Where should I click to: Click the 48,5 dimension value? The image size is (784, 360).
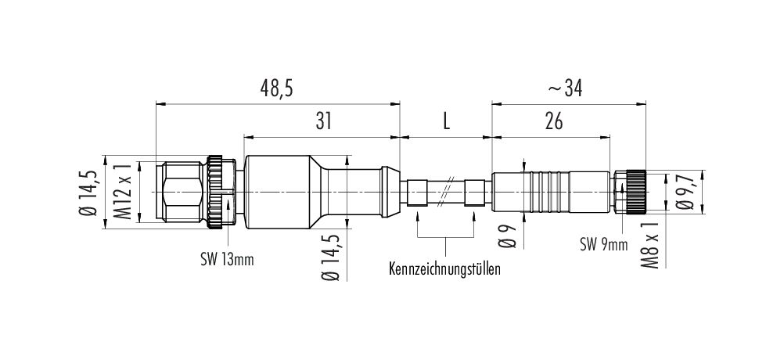[276, 88]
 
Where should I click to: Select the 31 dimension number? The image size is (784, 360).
[323, 121]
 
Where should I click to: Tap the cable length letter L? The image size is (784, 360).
[447, 121]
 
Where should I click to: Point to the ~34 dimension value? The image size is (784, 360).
[566, 88]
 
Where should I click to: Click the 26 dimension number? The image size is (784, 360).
[553, 121]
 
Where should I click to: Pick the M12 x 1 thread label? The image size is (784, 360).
[125, 192]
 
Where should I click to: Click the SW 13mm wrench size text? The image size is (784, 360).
[226, 260]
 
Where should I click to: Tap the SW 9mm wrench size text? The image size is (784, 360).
[604, 244]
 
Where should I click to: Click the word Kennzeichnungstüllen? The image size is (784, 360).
[444, 269]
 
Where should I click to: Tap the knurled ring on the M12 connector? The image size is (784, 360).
[215, 192]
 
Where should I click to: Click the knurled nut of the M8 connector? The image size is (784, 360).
[635, 192]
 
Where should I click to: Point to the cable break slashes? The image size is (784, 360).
[447, 192]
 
